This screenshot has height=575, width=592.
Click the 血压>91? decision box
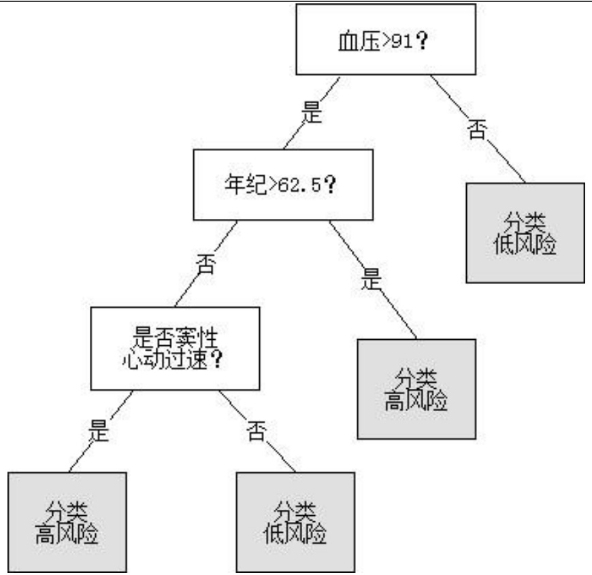point(384,40)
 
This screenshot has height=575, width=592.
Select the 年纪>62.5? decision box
point(283,185)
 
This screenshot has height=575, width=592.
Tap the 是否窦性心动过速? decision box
point(175,348)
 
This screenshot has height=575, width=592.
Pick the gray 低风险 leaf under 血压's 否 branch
point(525,233)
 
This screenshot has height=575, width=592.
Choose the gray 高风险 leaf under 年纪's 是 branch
point(416,389)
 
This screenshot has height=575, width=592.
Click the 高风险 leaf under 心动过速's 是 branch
point(67,522)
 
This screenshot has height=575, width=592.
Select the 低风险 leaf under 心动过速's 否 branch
point(295,522)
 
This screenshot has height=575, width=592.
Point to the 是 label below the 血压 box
point(312,113)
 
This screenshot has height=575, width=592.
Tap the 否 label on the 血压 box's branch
point(476,128)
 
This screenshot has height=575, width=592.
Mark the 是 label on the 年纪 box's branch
point(371,279)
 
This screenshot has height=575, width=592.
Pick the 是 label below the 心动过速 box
point(99,431)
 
